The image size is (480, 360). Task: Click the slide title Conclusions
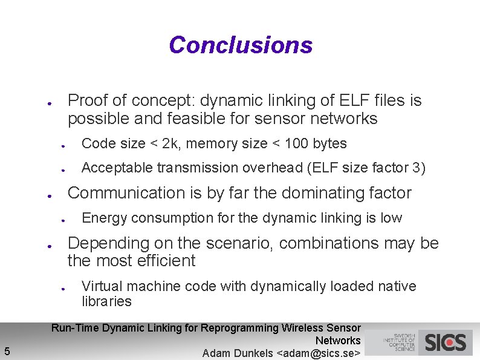pos(241,45)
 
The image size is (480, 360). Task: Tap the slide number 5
pos(6,350)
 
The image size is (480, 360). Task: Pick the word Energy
pos(102,218)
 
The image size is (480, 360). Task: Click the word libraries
pos(106,301)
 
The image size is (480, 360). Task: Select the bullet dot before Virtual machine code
pos(63,288)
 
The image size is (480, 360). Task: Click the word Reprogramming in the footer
pos(240,328)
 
